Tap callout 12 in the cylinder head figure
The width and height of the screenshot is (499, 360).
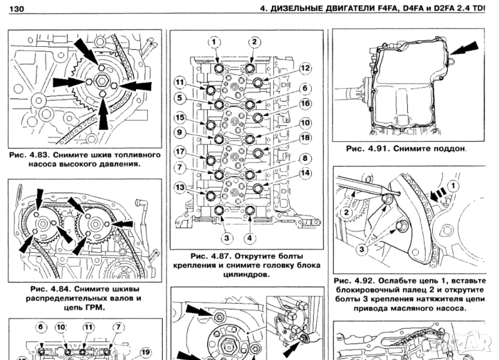[x=305, y=68]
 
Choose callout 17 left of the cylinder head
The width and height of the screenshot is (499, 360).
[x=180, y=152]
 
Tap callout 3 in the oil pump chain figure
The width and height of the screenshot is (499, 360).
[x=360, y=248]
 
